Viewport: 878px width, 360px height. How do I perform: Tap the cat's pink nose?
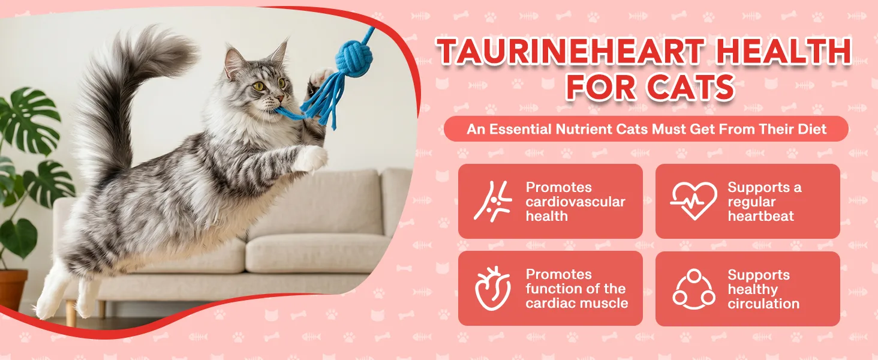click(x=280, y=98)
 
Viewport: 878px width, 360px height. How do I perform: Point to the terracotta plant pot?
click(x=13, y=290)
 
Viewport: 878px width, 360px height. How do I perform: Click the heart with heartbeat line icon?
click(x=694, y=201)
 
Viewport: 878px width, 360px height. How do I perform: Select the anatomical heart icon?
click(x=493, y=289)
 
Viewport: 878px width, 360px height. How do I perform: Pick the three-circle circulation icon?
click(x=694, y=289)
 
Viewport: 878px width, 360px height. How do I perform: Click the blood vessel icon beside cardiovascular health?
click(x=493, y=202)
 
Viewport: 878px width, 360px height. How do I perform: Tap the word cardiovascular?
click(x=575, y=202)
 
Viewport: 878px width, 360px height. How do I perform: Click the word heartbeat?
click(x=761, y=216)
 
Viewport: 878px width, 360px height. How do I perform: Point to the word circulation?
click(x=763, y=304)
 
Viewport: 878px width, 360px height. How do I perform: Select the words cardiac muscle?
click(x=577, y=303)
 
